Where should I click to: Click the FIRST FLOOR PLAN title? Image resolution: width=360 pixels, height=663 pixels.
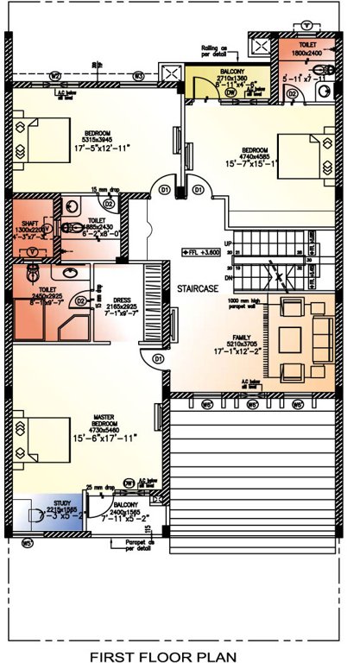click(x=180, y=655)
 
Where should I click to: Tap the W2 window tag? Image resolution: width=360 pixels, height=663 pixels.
click(x=55, y=76)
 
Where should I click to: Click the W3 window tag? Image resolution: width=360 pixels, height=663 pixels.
click(x=138, y=76)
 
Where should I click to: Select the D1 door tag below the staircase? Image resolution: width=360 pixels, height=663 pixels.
click(x=158, y=358)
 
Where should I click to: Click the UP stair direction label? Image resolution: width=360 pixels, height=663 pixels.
click(x=228, y=244)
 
